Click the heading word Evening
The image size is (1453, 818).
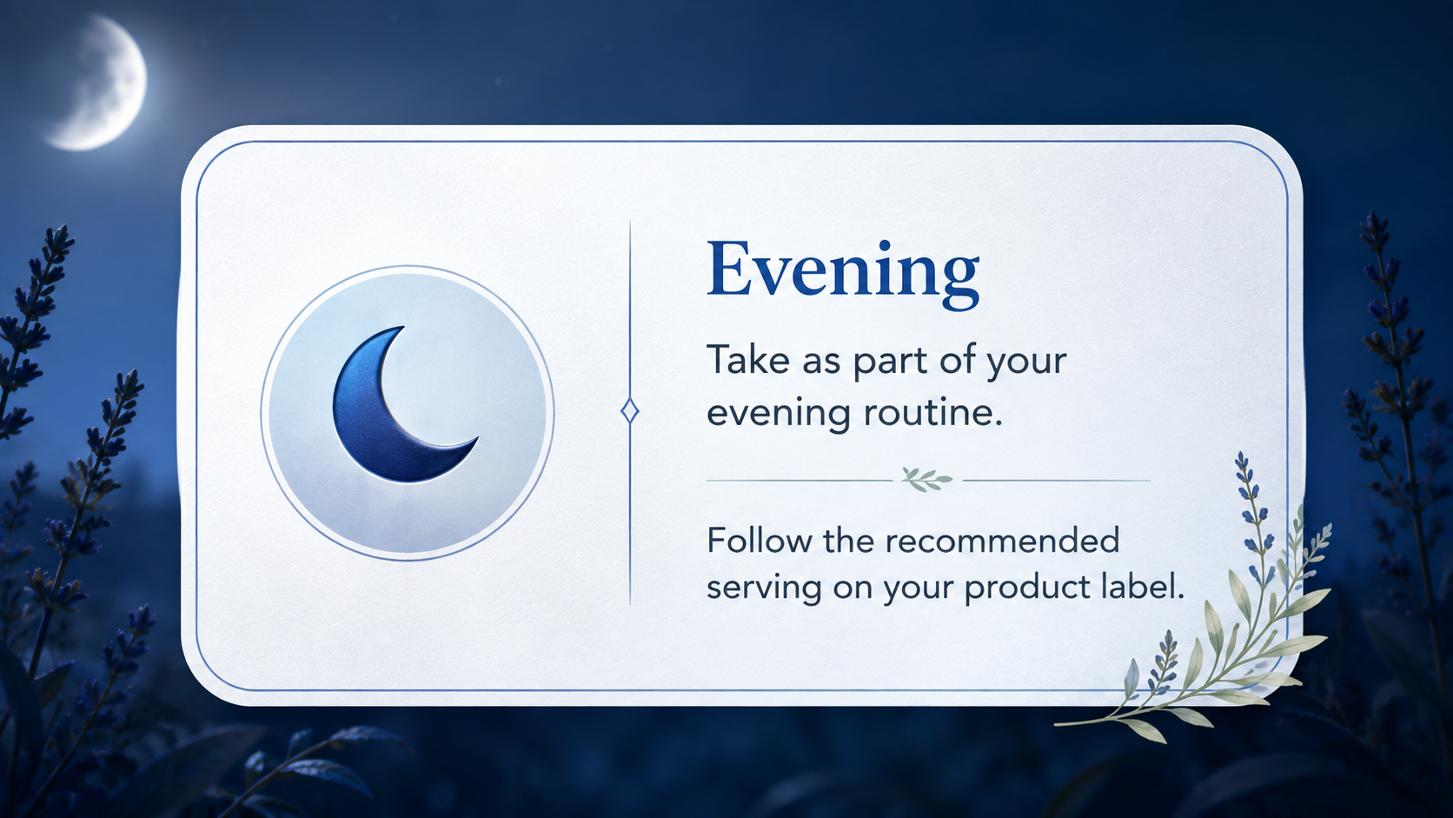pos(843,271)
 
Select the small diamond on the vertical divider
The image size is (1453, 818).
pos(630,411)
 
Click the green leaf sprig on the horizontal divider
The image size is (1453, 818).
pos(927,480)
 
